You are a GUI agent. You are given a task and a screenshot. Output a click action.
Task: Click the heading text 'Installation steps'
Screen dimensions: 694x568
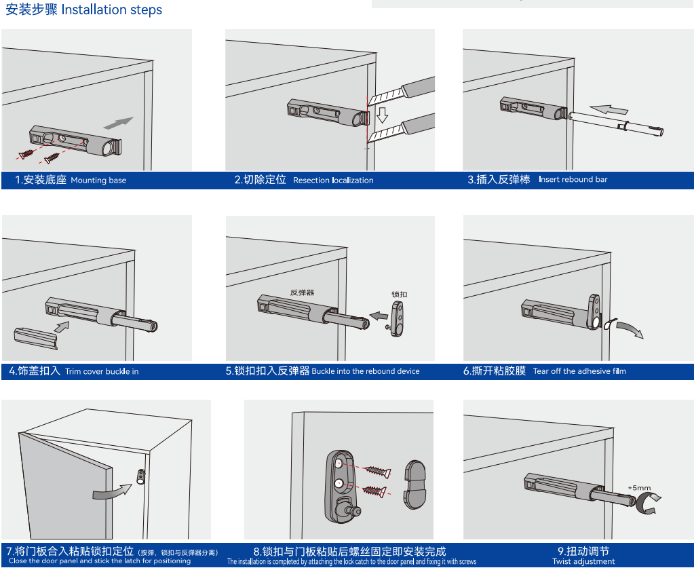coord(111,10)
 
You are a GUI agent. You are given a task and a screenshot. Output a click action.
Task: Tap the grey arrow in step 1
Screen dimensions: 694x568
coord(119,123)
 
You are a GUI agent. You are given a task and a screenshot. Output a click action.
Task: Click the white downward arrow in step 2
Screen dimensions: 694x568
coord(383,115)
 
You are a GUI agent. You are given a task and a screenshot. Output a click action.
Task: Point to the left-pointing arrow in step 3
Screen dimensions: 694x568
coord(609,109)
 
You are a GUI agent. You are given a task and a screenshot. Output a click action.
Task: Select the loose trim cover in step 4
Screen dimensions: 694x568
coord(36,338)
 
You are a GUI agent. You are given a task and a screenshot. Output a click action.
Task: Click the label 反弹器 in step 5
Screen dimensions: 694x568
coord(303,292)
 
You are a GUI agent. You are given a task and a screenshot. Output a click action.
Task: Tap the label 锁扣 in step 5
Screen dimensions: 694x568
coord(399,295)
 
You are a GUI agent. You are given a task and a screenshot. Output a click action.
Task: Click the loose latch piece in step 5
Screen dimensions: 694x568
coord(397,318)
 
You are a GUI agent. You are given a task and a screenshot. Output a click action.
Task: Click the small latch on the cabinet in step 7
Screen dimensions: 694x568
coord(141,476)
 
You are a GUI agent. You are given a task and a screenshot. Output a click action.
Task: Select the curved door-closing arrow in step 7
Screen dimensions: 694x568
coord(111,491)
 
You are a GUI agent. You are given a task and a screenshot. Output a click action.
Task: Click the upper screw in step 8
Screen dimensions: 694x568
coord(377,471)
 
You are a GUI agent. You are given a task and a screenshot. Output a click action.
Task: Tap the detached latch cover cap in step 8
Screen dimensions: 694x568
coord(415,485)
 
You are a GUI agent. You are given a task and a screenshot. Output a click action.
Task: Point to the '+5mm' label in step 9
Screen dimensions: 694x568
coord(639,488)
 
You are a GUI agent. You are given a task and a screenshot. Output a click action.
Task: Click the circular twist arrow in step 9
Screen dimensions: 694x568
coord(647,504)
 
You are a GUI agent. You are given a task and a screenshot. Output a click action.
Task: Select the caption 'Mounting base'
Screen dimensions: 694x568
coord(98,181)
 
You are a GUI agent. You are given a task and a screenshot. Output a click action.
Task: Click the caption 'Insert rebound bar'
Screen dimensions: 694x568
coord(573,179)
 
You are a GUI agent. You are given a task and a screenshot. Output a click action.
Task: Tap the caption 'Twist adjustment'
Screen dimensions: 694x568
coord(583,561)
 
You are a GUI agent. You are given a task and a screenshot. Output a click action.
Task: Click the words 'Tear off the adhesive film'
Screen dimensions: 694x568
coord(579,371)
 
